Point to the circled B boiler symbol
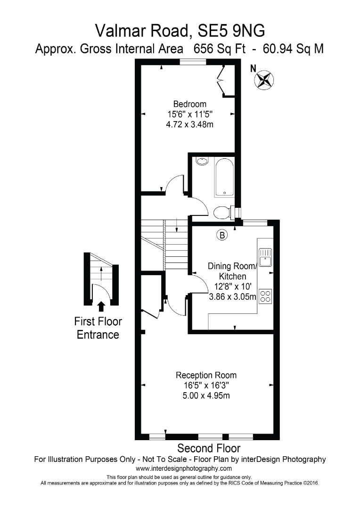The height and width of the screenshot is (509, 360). (x=222, y=234)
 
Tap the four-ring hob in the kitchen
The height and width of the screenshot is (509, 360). (x=266, y=296)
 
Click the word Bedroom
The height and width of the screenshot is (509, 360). (x=189, y=104)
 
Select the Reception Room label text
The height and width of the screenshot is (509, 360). (x=206, y=375)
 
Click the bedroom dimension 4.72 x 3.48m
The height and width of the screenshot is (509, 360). (x=189, y=124)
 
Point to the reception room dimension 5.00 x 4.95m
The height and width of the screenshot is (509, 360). (x=206, y=395)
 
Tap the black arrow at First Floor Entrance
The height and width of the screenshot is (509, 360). (x=101, y=307)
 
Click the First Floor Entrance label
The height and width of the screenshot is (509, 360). (x=98, y=328)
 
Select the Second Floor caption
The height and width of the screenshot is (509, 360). (x=208, y=448)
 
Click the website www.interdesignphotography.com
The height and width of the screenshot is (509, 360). (x=184, y=468)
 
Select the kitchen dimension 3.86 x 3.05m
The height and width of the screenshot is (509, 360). (x=233, y=297)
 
